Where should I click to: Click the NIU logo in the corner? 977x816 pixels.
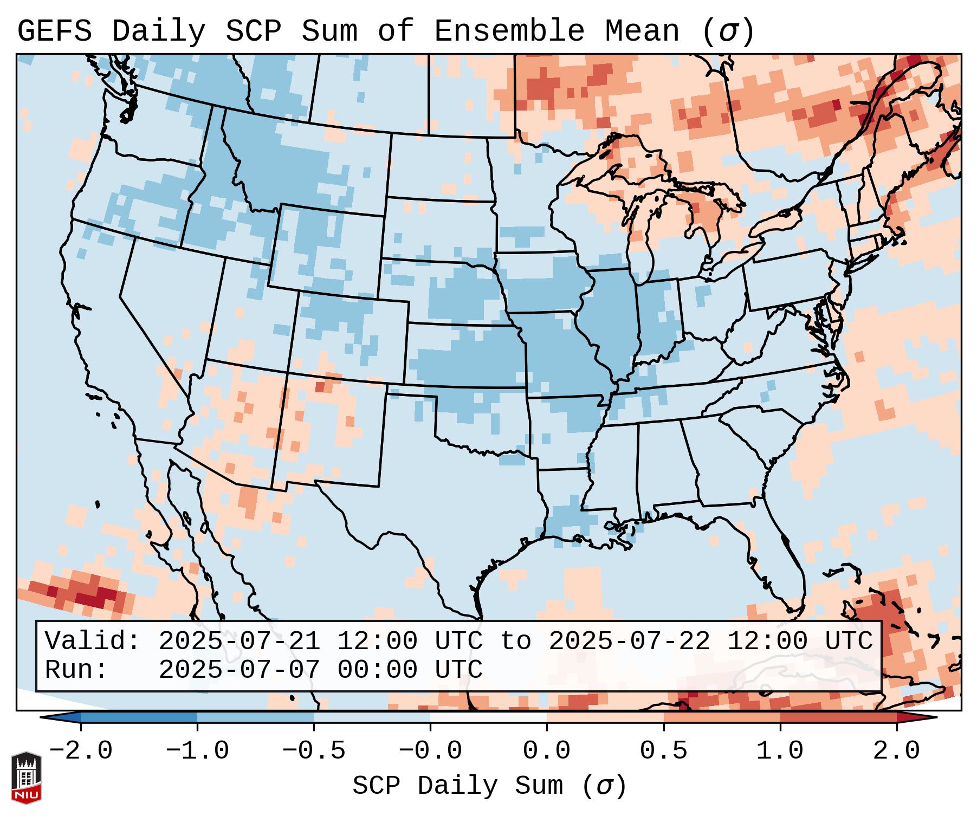[x=26, y=778]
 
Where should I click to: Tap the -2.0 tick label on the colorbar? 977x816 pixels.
[x=81, y=751]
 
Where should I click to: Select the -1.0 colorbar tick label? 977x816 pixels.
[x=197, y=751]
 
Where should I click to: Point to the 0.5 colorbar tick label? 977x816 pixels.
[x=663, y=751]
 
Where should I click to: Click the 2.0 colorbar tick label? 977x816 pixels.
[x=896, y=751]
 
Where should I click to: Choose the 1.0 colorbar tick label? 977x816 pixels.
[x=780, y=751]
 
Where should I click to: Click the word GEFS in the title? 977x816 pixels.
[x=54, y=31]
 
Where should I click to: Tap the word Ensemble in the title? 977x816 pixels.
[x=509, y=31]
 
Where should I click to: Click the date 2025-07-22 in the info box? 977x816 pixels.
[x=629, y=641]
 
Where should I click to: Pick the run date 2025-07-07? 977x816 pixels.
[x=239, y=670]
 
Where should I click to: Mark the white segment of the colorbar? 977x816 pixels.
[x=488, y=717]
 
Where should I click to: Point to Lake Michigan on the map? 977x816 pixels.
[x=642, y=238]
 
